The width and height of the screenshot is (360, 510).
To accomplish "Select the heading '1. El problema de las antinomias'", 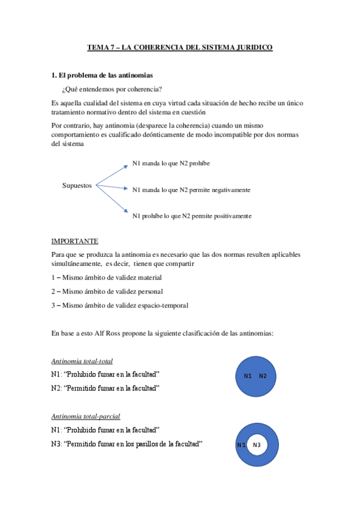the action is tap(102, 75).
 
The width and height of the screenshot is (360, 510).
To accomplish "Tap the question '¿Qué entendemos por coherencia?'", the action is tap(111, 89).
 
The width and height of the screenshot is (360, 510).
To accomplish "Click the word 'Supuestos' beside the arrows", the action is tap(77, 185).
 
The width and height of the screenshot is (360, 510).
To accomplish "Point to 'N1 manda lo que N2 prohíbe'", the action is tap(171, 163).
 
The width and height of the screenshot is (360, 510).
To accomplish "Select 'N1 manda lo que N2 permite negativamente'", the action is tap(191, 189).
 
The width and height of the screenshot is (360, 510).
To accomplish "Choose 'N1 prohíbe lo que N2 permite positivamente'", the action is tap(192, 216).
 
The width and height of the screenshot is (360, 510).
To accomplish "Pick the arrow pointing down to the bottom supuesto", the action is tap(112, 198).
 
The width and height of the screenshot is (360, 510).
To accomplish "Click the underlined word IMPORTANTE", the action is tap(75, 241).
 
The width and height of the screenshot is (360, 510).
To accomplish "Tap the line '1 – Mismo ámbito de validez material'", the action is tap(106, 277).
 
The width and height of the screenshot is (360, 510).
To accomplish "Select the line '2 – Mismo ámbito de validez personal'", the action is tap(106, 291).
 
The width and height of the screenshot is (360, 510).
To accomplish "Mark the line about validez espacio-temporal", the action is tap(120, 305).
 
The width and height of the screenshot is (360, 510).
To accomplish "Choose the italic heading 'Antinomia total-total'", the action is tap(82, 361).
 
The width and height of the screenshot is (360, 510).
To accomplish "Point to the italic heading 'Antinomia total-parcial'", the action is tap(85, 416).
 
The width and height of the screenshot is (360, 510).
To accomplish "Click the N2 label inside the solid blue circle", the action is tap(263, 376).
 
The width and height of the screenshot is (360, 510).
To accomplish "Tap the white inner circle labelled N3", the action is tap(257, 444).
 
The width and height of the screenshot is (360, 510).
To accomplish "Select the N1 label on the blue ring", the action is tap(241, 444).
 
